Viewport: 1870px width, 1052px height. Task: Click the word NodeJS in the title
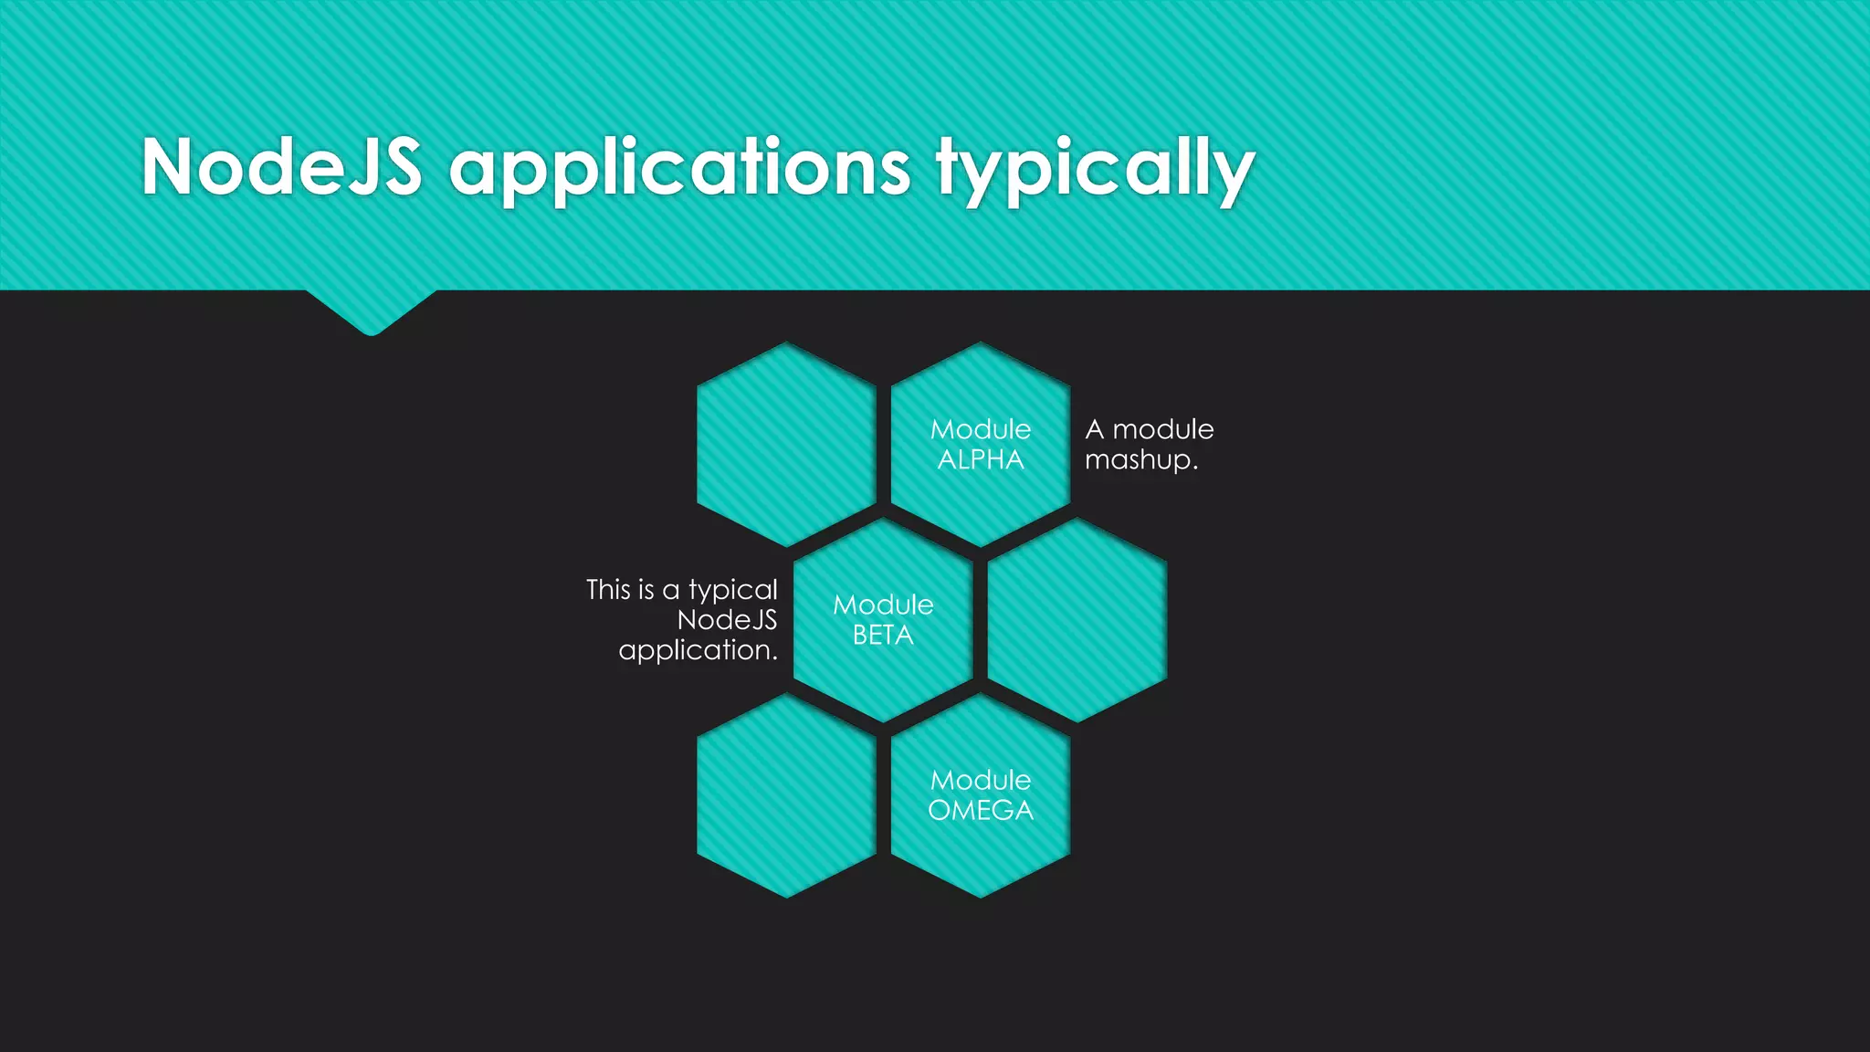[x=281, y=167]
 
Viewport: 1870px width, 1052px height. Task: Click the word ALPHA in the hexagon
[x=981, y=460]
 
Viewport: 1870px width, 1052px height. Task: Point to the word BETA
[x=883, y=636]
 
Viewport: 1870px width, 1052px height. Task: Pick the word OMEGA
[x=981, y=811]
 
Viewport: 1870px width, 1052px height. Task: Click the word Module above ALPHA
[x=981, y=429]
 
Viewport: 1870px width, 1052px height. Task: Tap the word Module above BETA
[x=883, y=605]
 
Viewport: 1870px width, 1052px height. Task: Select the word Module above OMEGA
[x=981, y=780]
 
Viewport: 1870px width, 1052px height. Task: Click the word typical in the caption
[x=733, y=591]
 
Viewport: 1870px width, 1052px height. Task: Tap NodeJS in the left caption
[x=727, y=620]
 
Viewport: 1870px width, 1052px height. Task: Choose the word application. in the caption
[x=698, y=650]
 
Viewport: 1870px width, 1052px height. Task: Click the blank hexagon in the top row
[x=786, y=445]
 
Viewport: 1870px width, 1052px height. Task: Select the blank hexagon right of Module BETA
[x=1077, y=620]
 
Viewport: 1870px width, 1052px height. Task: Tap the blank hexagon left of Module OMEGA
[x=786, y=795]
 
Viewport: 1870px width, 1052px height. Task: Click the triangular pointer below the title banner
[x=371, y=310]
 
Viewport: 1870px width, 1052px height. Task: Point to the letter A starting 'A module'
[x=1095, y=429]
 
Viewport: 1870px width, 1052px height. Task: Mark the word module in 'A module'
[x=1163, y=429]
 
